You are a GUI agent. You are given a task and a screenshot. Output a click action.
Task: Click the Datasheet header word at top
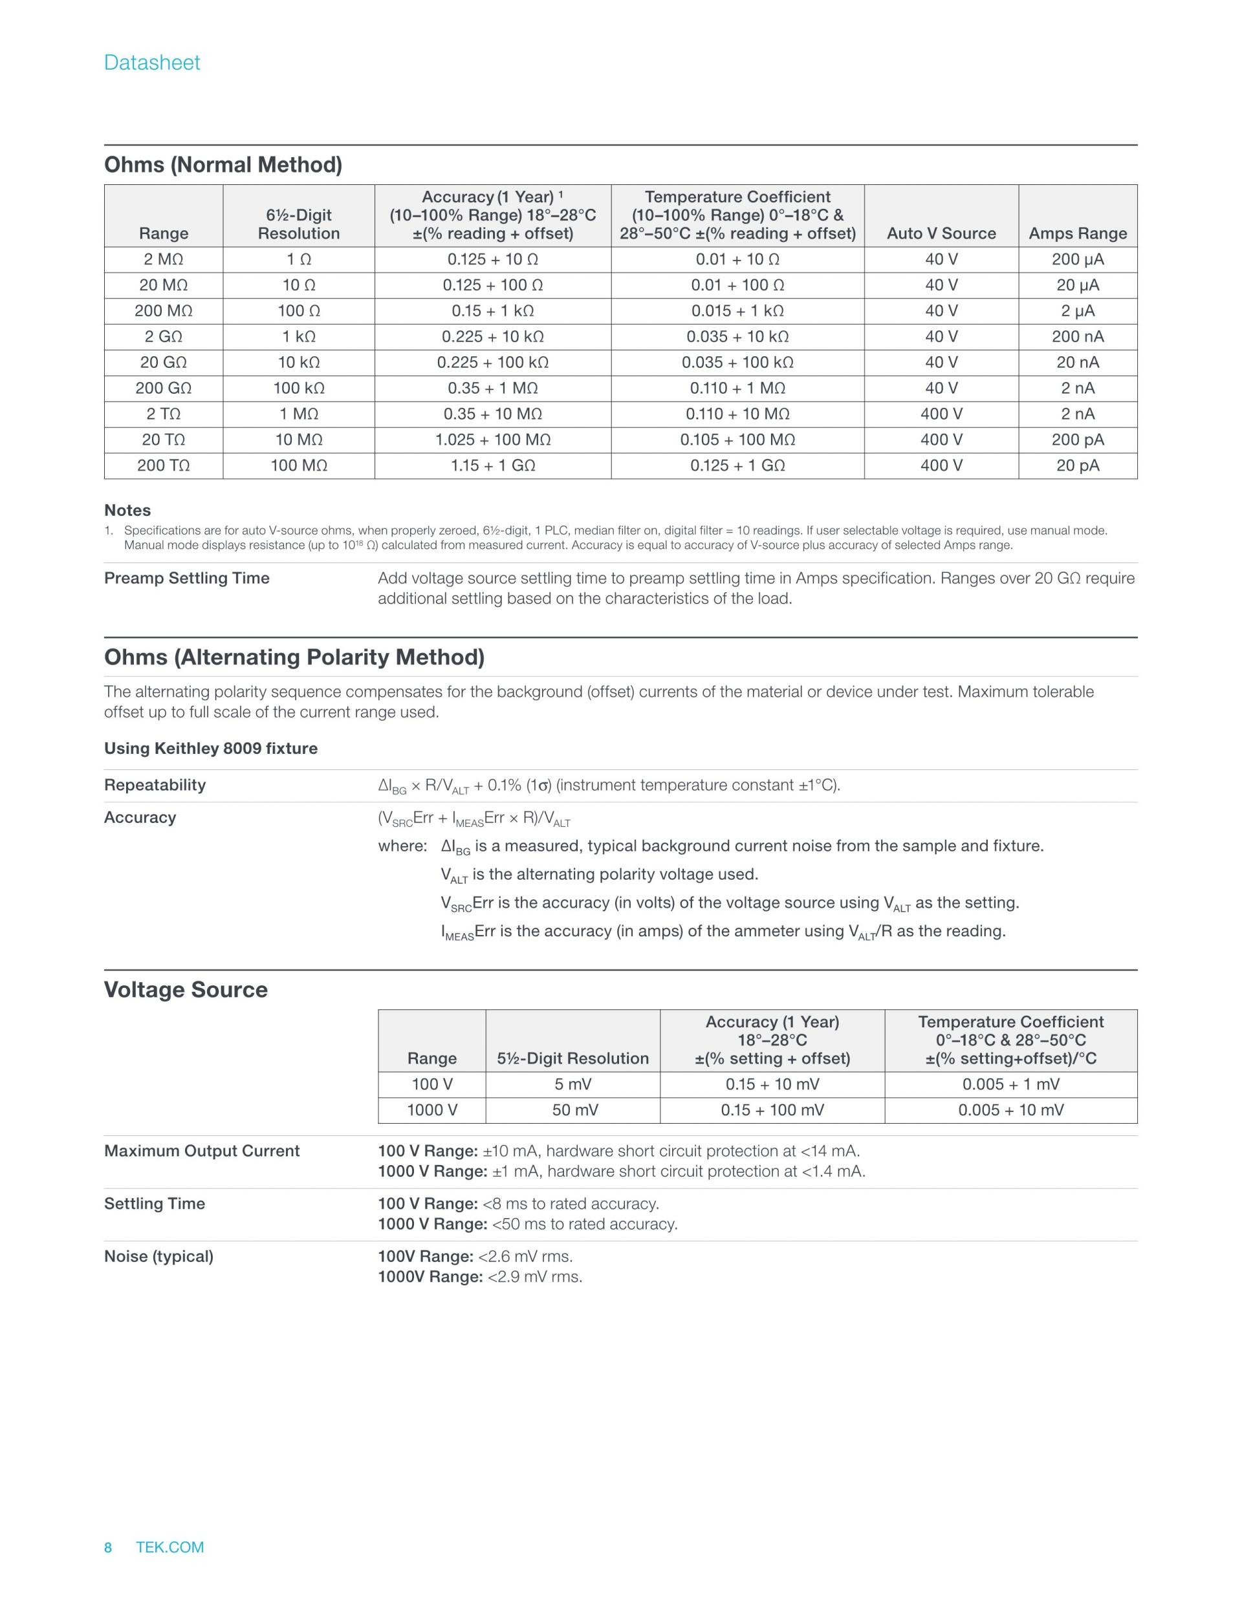point(151,63)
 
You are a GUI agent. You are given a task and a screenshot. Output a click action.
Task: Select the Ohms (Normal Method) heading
point(223,165)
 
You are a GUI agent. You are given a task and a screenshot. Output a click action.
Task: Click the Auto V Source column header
point(941,233)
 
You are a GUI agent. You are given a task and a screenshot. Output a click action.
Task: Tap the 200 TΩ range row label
point(164,466)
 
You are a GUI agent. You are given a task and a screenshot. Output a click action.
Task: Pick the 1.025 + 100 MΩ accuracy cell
point(493,440)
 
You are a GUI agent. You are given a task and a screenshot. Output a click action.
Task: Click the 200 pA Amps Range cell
point(1077,440)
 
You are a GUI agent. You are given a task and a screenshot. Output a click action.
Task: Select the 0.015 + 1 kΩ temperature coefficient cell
point(737,311)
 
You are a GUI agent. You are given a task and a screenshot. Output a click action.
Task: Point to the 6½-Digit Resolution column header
point(299,224)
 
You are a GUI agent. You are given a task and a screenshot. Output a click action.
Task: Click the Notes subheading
point(127,510)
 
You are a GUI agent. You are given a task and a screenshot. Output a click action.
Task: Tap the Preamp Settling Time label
point(187,578)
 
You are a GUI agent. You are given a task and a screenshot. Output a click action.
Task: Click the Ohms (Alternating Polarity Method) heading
point(294,658)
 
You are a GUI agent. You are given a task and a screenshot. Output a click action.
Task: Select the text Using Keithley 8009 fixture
point(211,749)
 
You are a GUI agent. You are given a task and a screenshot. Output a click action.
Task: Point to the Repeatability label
point(155,785)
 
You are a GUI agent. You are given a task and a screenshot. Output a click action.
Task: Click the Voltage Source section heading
point(186,990)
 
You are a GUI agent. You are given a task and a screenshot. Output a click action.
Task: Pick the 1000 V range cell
point(432,1109)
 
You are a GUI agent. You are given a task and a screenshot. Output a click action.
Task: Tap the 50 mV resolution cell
point(572,1109)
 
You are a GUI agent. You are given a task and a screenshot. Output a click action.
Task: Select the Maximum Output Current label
point(202,1151)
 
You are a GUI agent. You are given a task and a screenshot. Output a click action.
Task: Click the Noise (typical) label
point(159,1256)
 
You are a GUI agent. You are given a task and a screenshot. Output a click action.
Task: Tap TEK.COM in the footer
point(170,1547)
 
